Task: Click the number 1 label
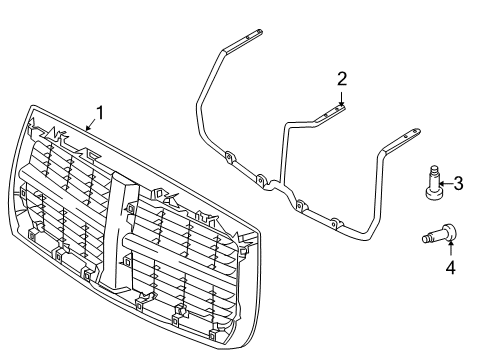pyautogui.click(x=98, y=112)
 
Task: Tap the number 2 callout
pyautogui.click(x=342, y=79)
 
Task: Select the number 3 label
pyautogui.click(x=458, y=183)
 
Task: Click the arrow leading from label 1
pyautogui.click(x=91, y=125)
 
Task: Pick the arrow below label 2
pyautogui.click(x=342, y=98)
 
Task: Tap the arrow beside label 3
pyautogui.click(x=445, y=183)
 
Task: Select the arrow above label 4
pyautogui.click(x=449, y=250)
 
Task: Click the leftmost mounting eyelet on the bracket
pyautogui.click(x=229, y=156)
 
